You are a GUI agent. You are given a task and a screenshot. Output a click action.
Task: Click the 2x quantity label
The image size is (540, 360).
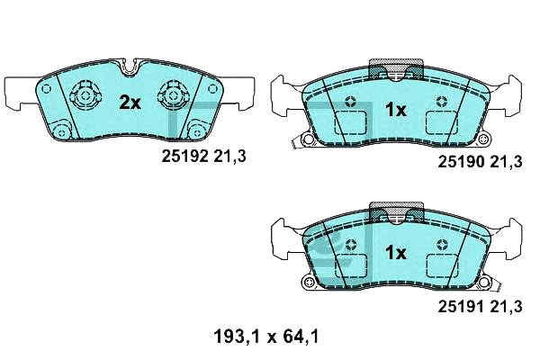click(131, 103)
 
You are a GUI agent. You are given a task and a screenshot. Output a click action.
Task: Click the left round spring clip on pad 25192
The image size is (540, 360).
click(85, 94)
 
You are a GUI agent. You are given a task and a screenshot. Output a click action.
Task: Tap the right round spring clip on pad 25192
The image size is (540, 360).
click(172, 94)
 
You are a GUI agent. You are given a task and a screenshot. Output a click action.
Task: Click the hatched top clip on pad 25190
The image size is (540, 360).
click(396, 69)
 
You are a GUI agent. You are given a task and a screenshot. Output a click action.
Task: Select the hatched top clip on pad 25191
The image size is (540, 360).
click(396, 213)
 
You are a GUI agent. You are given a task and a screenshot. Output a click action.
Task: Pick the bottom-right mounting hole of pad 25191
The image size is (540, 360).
click(485, 284)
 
